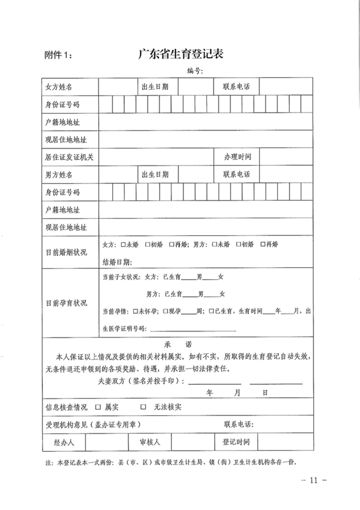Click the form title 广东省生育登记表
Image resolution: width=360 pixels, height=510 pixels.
point(181,53)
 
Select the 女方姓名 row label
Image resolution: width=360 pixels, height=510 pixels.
point(59,87)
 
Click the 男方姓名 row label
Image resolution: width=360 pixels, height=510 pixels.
point(59,175)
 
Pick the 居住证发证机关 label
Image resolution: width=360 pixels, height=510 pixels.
point(69,157)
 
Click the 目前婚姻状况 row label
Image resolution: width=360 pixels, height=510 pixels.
point(66,252)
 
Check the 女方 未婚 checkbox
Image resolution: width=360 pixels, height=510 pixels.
point(123,244)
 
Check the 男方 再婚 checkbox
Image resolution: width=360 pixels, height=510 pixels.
point(263,244)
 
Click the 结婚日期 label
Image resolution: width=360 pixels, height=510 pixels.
point(117,262)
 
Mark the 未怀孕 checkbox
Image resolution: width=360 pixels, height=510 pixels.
point(136,311)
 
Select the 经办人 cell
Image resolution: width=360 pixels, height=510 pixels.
point(64,442)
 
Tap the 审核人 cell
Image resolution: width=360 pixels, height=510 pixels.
point(150,442)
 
